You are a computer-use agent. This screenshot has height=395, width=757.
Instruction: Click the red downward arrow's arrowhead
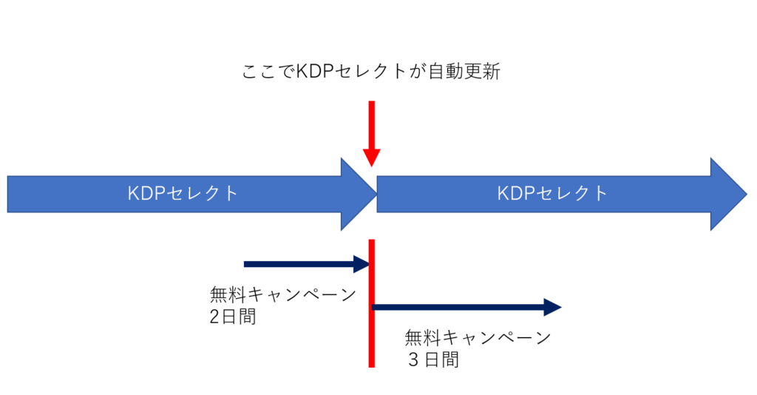[x=371, y=158]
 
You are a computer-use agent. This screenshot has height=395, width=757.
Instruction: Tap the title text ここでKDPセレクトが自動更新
[x=372, y=72]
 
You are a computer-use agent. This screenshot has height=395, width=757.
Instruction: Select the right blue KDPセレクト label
[x=552, y=194]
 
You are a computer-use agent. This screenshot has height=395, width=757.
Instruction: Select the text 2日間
[x=232, y=317]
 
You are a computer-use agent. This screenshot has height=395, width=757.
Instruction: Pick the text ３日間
[x=432, y=360]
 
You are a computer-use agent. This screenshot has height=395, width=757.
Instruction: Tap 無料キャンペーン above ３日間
[x=478, y=338]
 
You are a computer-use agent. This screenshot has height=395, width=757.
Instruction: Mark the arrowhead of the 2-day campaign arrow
[x=362, y=263]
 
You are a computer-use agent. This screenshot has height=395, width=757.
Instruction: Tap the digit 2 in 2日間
[x=215, y=317]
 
